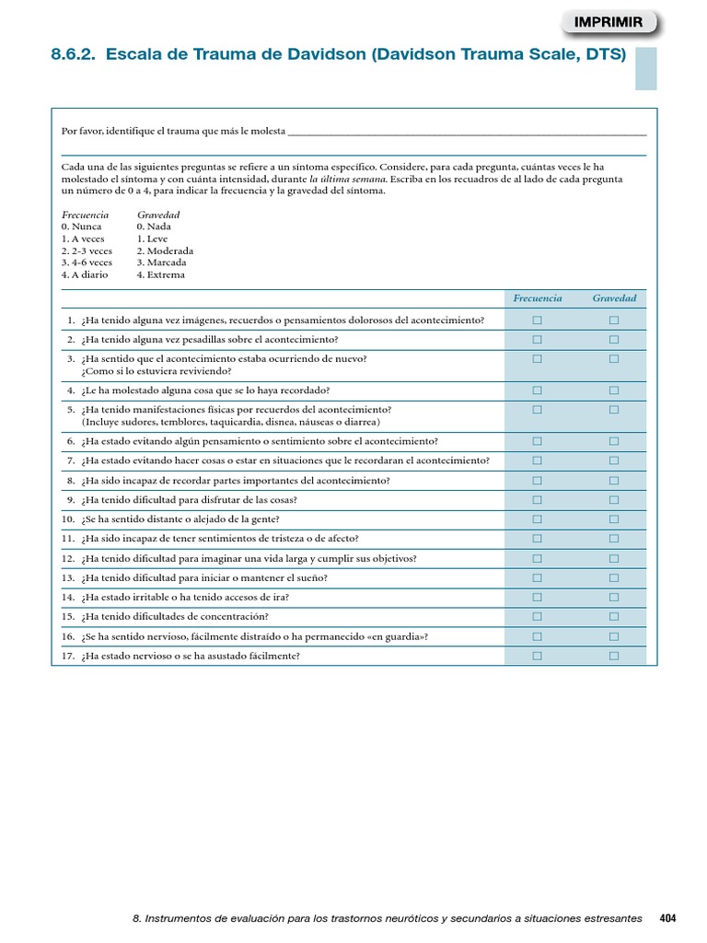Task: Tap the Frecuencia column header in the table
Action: coord(538,298)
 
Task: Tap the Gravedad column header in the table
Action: coord(614,298)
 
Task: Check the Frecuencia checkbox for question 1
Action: coord(538,320)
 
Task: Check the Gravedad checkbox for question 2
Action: coord(614,340)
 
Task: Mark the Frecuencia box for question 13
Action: coord(538,578)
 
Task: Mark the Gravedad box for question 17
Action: coord(614,656)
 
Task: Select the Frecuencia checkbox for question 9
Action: coord(538,500)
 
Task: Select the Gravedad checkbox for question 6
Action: coord(614,441)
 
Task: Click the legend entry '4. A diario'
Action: coord(85,274)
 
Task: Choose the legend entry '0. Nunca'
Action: coord(82,227)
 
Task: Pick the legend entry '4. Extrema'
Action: coord(160,274)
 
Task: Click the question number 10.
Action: coord(68,519)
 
